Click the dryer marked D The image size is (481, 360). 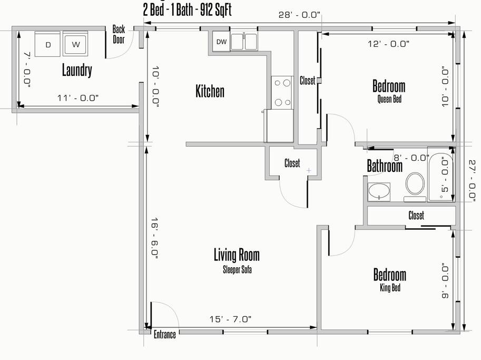(x=47, y=44)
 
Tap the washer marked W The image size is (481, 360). (x=75, y=44)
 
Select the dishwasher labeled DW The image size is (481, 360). (x=221, y=42)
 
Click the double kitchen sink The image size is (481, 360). (x=244, y=42)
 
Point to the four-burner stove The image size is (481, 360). (x=282, y=92)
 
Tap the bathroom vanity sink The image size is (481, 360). (x=379, y=192)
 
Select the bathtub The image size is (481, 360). (x=441, y=174)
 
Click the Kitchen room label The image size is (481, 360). (x=210, y=91)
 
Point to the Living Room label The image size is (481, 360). (x=237, y=255)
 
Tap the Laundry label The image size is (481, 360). (x=77, y=70)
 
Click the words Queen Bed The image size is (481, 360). (x=389, y=99)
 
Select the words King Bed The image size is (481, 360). (x=390, y=288)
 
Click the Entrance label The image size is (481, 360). (x=165, y=334)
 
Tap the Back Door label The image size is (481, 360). (x=119, y=34)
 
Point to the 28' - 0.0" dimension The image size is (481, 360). (x=299, y=15)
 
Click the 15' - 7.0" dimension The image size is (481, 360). (x=230, y=319)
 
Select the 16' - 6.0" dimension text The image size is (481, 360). (x=154, y=238)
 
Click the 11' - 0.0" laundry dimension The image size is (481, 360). (x=78, y=98)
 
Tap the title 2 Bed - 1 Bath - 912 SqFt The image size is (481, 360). (x=187, y=10)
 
